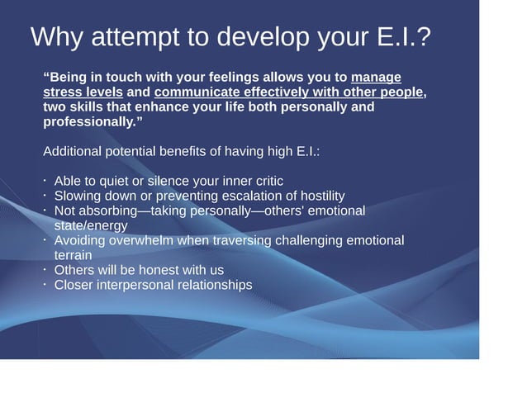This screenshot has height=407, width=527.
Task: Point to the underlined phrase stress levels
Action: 83,92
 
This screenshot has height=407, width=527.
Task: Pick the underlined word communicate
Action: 197,92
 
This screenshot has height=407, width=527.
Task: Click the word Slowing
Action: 78,196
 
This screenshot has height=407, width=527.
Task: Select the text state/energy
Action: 90,225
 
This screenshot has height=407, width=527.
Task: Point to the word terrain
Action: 73,255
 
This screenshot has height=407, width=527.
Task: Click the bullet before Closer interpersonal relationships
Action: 45,284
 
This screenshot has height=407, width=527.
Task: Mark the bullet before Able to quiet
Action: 45,180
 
